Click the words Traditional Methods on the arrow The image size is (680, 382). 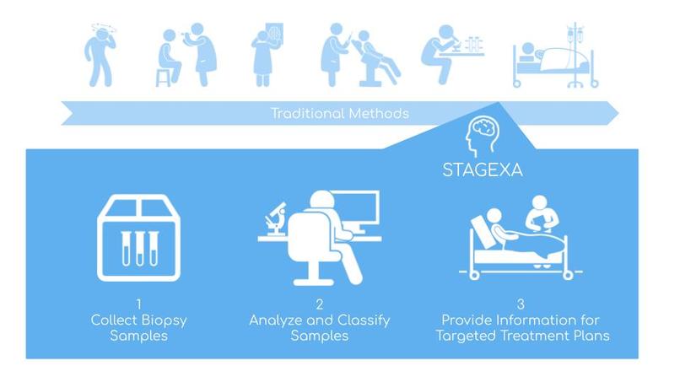(x=340, y=113)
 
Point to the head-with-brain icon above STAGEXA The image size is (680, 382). (x=482, y=132)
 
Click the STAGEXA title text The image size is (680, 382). (x=483, y=169)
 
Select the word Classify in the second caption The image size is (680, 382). (x=362, y=320)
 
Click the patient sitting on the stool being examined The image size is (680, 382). (x=169, y=54)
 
